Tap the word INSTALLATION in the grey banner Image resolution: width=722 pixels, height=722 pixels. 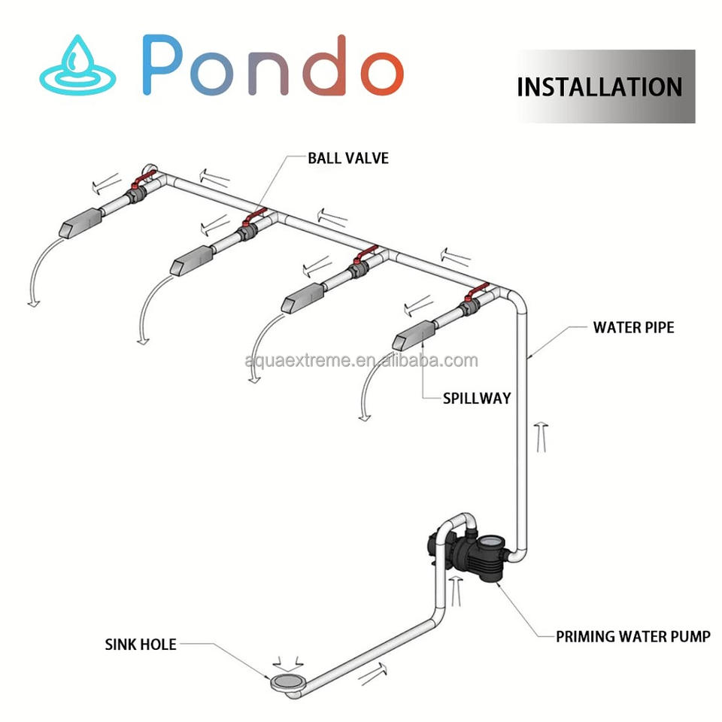pos(599,86)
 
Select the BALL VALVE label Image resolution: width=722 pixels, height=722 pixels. pos(348,159)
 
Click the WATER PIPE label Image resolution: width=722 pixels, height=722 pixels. pos(633,327)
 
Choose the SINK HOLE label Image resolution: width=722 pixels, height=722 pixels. pos(141,645)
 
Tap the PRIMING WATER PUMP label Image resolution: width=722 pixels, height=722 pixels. pos(633,637)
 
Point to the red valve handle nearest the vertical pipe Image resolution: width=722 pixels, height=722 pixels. pos(476,293)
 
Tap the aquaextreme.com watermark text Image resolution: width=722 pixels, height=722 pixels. pos(361,361)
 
